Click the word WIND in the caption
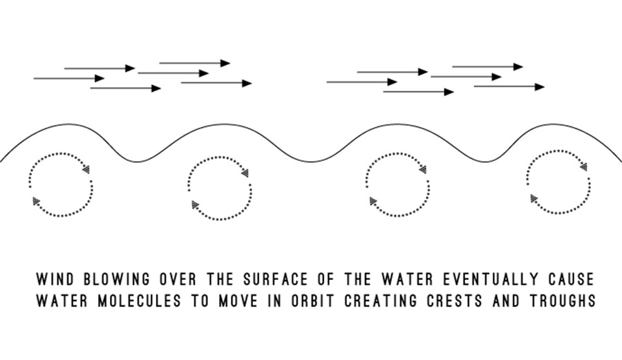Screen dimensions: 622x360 pyautogui.click(x=55, y=279)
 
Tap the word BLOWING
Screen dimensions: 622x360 pyautogui.click(x=117, y=279)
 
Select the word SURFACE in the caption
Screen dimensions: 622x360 pyautogui.click(x=276, y=279)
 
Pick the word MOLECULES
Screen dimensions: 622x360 pyautogui.click(x=139, y=301)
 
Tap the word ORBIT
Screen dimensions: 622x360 pyautogui.click(x=312, y=301)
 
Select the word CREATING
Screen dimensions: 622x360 pyautogui.click(x=381, y=301)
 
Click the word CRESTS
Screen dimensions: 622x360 pyautogui.click(x=455, y=301)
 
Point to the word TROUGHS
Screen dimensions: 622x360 pyautogui.click(x=563, y=301)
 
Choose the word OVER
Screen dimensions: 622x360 pyautogui.click(x=178, y=279)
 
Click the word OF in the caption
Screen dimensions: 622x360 pyautogui.click(x=326, y=279)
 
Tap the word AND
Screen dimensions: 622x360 pyautogui.click(x=506, y=301)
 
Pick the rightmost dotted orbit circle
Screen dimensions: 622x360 pyautogui.click(x=589, y=184)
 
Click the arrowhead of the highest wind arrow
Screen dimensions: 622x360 pyautogui.click(x=225, y=63)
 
